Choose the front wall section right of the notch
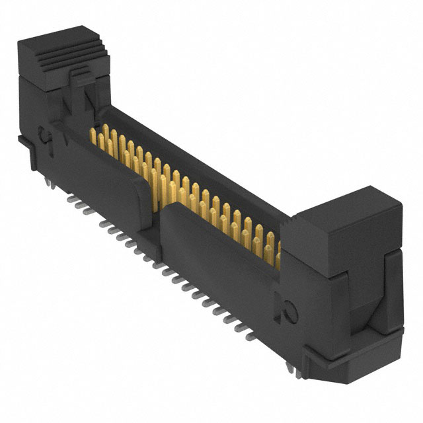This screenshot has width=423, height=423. (218, 258)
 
